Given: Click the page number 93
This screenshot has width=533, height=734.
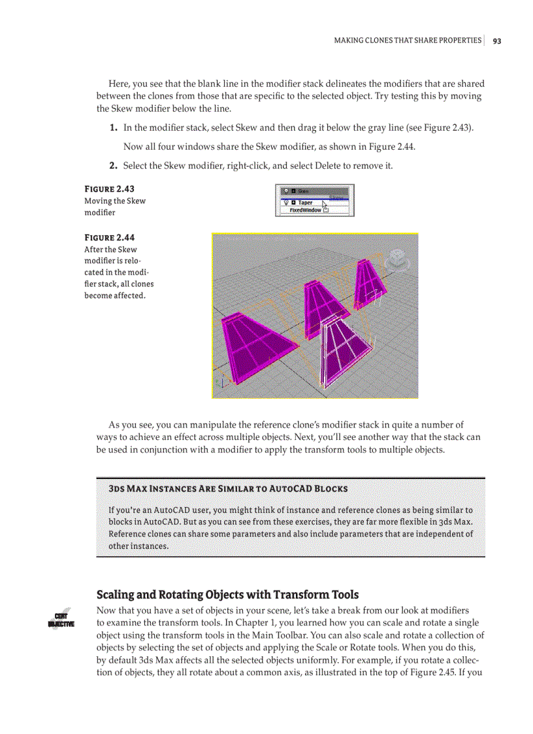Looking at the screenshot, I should [x=497, y=41].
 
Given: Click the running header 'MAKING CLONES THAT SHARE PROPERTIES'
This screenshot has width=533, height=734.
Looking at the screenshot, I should [x=407, y=41].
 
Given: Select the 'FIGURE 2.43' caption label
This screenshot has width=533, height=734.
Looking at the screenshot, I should [x=109, y=190].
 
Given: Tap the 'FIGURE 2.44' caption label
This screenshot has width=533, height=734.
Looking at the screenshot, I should [x=109, y=237].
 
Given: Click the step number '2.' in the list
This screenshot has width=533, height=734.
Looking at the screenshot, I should [x=113, y=166].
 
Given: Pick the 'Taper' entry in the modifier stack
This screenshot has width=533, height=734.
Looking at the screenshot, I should [x=304, y=203].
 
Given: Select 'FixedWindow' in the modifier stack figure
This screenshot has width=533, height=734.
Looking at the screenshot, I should [x=305, y=210].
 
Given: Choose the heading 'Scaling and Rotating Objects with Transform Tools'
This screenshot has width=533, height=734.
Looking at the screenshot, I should [x=227, y=594].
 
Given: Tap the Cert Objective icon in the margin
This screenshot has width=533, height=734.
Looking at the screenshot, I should [x=62, y=619].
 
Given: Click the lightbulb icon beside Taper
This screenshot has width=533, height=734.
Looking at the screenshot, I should [x=284, y=203].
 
